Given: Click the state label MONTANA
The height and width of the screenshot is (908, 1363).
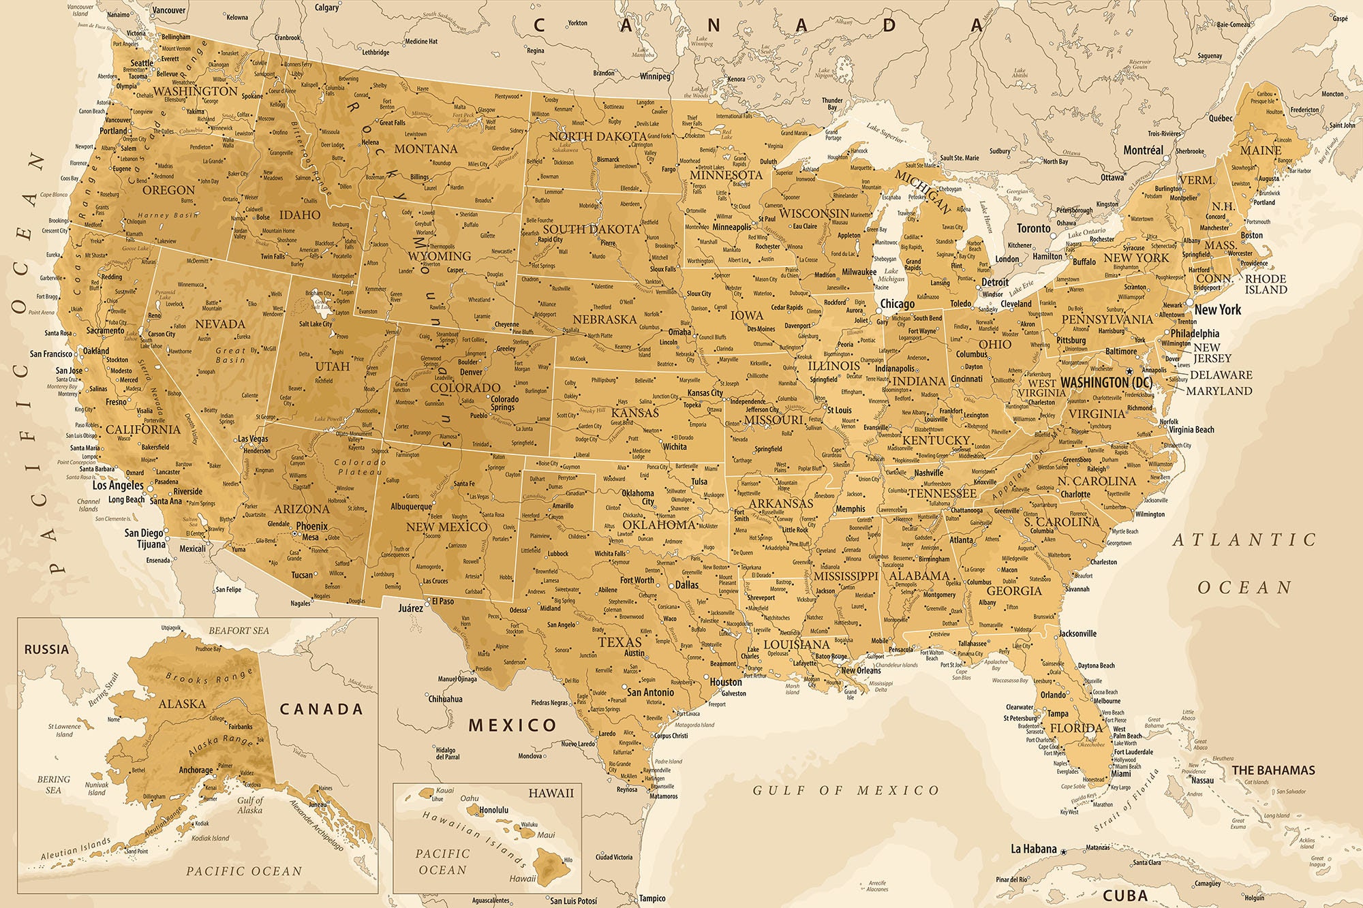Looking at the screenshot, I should (426, 148).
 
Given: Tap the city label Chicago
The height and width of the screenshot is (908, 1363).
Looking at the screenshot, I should (897, 304).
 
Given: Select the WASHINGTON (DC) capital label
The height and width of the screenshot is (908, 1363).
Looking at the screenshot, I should (1106, 383).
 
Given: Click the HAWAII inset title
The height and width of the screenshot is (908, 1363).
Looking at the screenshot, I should (551, 793).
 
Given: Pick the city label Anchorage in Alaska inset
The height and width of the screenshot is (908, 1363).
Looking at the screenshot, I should (196, 770).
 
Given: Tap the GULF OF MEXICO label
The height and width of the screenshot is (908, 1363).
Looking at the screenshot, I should (845, 790).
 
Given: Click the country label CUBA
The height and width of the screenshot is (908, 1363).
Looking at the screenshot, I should (1125, 895).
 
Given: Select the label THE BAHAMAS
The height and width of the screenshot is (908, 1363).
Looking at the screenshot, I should (1273, 770).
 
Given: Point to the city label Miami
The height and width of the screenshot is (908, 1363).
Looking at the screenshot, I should (1120, 774).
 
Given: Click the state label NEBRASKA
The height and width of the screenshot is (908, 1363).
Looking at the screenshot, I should (604, 319).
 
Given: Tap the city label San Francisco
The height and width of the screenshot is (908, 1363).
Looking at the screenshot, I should (50, 354).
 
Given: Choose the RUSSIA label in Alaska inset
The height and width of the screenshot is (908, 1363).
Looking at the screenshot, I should (46, 649).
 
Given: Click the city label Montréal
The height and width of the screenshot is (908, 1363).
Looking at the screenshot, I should (1143, 150).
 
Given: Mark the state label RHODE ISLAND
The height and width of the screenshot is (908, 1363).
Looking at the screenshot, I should (1266, 284).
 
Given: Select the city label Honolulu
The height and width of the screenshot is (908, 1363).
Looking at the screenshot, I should (494, 811).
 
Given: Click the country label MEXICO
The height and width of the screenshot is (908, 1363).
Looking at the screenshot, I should (512, 725).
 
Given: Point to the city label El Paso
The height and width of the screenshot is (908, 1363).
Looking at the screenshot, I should (443, 601).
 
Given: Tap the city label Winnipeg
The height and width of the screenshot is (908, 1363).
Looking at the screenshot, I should (655, 76).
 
